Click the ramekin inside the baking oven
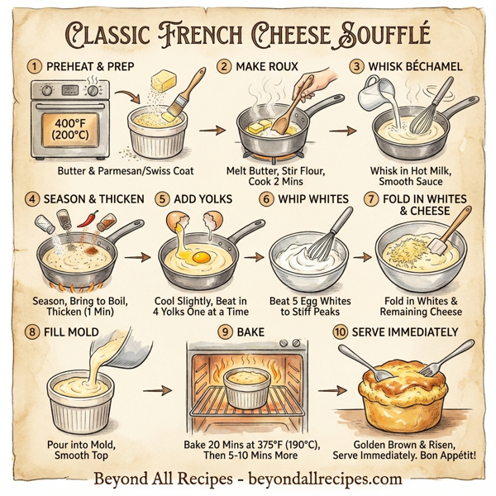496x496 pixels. tap(247, 387)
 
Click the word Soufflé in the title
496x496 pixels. tap(388, 34)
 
